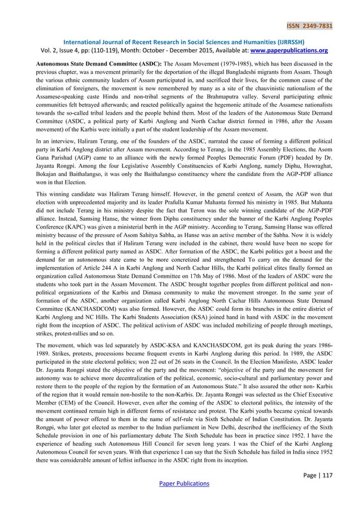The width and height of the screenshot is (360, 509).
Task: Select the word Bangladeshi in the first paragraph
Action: tap(227, 72)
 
